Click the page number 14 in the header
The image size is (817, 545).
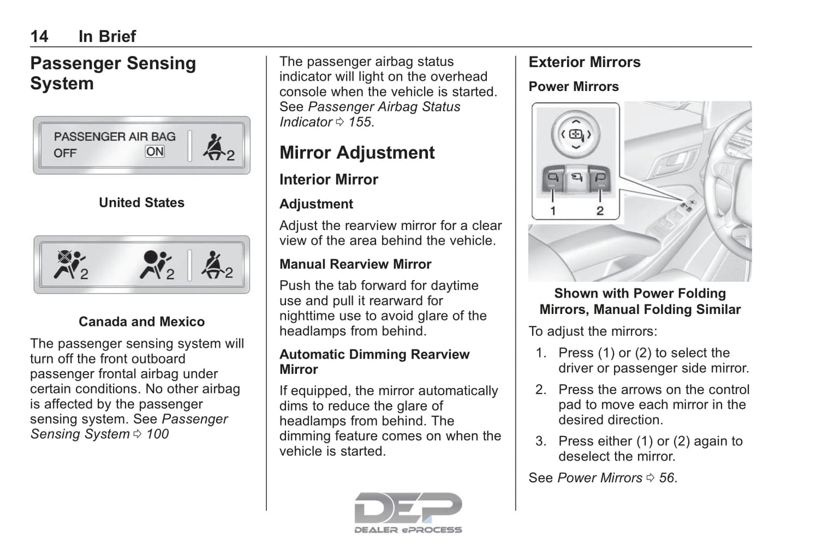coord(39,36)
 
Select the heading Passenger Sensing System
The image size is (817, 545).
coord(113,73)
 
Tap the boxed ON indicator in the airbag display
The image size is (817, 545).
coord(155,151)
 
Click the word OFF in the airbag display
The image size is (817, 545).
coord(65,153)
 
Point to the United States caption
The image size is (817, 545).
coord(141,203)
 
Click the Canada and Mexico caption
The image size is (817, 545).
coord(141,322)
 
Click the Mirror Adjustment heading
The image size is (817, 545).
coord(357,152)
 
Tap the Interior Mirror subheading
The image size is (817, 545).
coord(328,180)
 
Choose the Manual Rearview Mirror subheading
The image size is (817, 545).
coord(355,264)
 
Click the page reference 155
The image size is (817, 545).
coord(360,122)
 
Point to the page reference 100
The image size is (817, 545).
coord(157,434)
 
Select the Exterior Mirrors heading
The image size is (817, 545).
coord(584,62)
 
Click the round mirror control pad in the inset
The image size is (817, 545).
coord(575,134)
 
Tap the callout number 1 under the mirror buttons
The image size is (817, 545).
coord(552,211)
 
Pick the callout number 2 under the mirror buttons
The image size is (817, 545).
coord(600,211)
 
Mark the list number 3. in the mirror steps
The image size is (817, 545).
coord(541,441)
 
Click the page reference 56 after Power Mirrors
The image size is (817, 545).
coord(667,478)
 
